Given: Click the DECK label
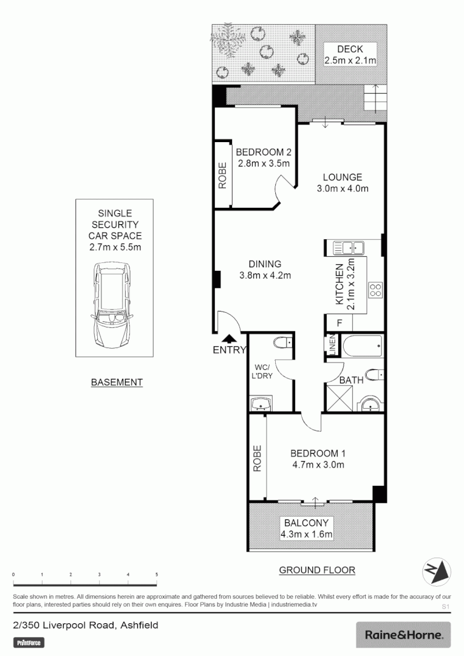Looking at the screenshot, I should [351, 49].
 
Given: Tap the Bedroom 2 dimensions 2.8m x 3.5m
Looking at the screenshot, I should [262, 163].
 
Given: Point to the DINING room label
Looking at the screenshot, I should [265, 264].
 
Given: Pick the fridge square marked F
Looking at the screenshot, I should [339, 323].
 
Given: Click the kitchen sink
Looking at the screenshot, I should [349, 247].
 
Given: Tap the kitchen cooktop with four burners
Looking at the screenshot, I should [374, 290].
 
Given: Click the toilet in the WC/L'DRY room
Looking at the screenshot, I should [282, 344].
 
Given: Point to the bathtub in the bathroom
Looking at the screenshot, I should [362, 347].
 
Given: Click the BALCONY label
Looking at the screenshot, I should [306, 522].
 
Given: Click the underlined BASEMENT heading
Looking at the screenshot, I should [117, 382].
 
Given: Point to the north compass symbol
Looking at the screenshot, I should [437, 570].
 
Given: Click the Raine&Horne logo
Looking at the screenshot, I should [403, 635].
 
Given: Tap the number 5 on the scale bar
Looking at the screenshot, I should [157, 574].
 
